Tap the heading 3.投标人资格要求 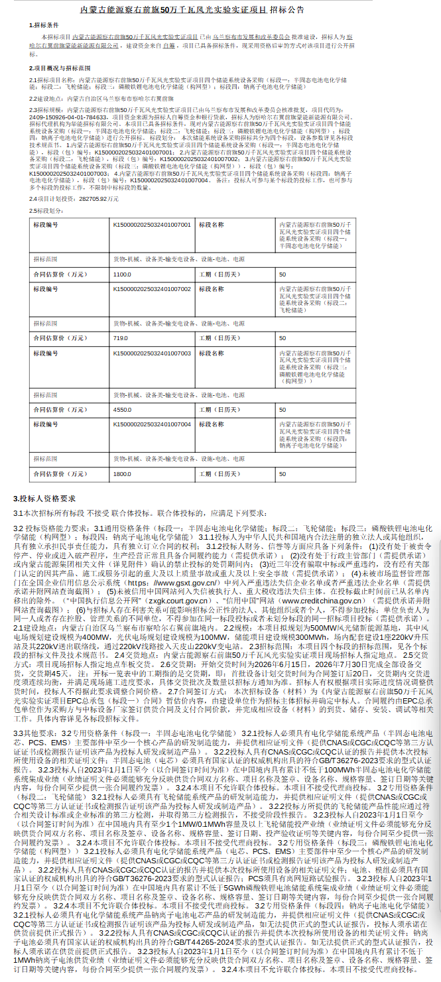point(44,499)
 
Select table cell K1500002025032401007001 point(151,225)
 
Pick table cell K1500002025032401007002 point(151,289)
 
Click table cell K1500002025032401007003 point(151,353)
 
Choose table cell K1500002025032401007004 point(151,423)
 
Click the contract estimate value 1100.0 point(123,274)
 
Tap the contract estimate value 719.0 point(121,338)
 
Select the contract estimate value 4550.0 point(123,408)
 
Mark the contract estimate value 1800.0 point(123,474)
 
